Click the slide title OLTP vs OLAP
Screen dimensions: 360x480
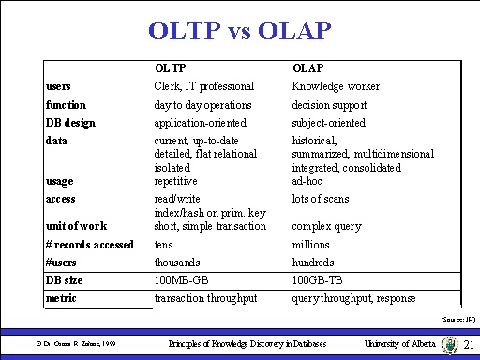point(239,32)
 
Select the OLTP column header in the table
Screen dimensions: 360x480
point(169,68)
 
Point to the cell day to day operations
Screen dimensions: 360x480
point(202,105)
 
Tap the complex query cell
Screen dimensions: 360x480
point(324,226)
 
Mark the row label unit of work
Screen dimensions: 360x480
point(75,226)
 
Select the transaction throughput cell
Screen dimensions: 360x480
point(206,299)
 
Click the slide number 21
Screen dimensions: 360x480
point(469,345)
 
